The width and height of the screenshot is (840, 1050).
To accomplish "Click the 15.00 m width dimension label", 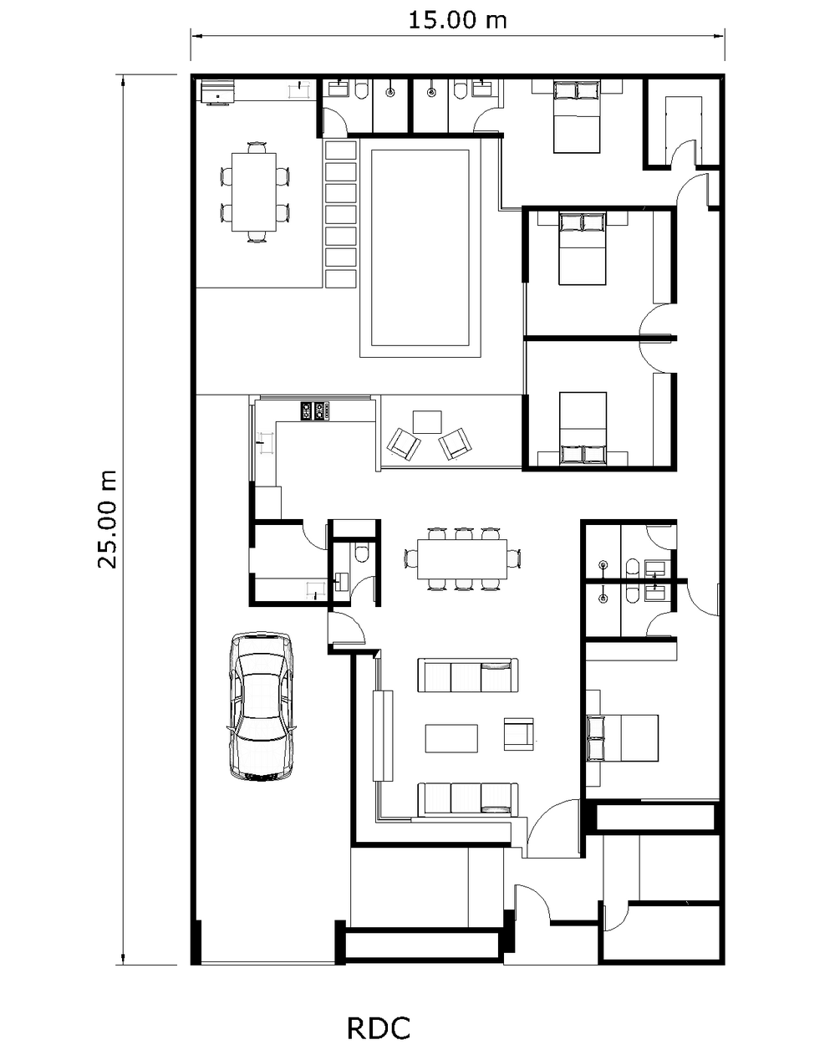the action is pos(457,21).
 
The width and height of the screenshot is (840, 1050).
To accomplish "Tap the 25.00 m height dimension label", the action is pos(107,519).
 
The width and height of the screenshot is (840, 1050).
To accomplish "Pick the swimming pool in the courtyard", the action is pos(420,247).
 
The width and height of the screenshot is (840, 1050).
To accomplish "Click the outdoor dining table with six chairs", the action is pos(253,192).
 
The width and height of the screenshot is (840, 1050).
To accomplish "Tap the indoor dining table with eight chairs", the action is pos(462,558).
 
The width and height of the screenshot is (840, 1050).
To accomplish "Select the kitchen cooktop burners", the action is pos(314,410).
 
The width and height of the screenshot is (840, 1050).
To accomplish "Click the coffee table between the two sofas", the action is pos(451,738).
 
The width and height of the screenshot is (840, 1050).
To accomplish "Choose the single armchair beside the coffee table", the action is pos(518,734).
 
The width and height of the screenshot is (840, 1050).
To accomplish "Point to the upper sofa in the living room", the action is pos(468,675).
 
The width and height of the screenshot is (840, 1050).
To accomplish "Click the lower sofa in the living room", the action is pos(468,800).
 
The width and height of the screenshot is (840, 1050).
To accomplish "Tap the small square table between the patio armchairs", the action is pos(427,422).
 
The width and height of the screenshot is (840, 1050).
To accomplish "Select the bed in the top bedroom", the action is pos(577,117).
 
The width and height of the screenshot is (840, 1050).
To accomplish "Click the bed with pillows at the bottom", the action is pos(583,428).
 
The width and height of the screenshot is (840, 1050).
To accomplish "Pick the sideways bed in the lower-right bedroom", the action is pos(623,737).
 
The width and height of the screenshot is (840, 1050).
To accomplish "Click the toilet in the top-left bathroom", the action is pos(362,91).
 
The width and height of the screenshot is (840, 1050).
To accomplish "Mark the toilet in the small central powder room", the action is pos(361,553).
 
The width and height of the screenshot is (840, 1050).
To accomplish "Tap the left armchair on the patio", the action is pos(404,444).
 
